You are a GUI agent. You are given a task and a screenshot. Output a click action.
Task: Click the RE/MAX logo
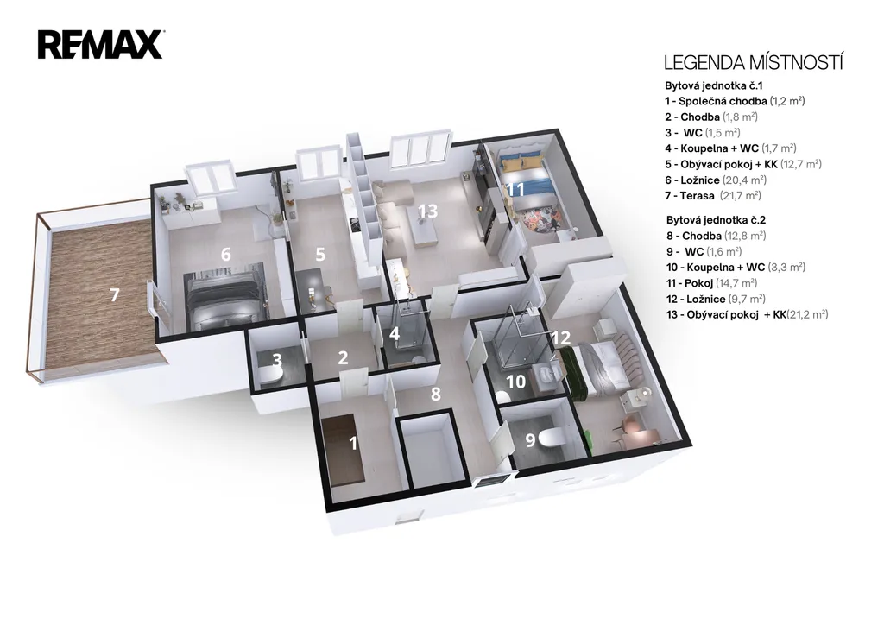tap(101, 45)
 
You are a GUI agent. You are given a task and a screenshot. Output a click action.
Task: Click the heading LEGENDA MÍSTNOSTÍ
tap(753, 62)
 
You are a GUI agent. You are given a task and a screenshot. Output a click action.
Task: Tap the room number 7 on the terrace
tap(115, 294)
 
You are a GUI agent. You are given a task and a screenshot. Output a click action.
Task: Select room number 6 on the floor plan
tap(225, 254)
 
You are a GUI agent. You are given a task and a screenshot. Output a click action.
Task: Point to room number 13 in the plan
tap(428, 211)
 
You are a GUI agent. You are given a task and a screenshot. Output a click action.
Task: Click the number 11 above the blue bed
tap(515, 189)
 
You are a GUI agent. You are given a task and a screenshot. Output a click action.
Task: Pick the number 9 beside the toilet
tap(530, 440)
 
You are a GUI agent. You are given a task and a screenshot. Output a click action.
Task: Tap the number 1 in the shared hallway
tap(353, 443)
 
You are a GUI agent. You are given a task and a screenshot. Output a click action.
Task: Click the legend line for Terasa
tap(713, 196)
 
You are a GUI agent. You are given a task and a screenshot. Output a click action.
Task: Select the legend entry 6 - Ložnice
tap(716, 180)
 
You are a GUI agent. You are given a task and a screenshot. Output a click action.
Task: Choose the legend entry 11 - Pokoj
tap(712, 283)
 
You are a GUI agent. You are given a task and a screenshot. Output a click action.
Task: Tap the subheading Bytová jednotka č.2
tap(709, 220)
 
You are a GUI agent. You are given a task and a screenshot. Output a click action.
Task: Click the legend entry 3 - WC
tap(703, 132)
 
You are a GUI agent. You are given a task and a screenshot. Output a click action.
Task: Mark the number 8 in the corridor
tap(435, 394)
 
